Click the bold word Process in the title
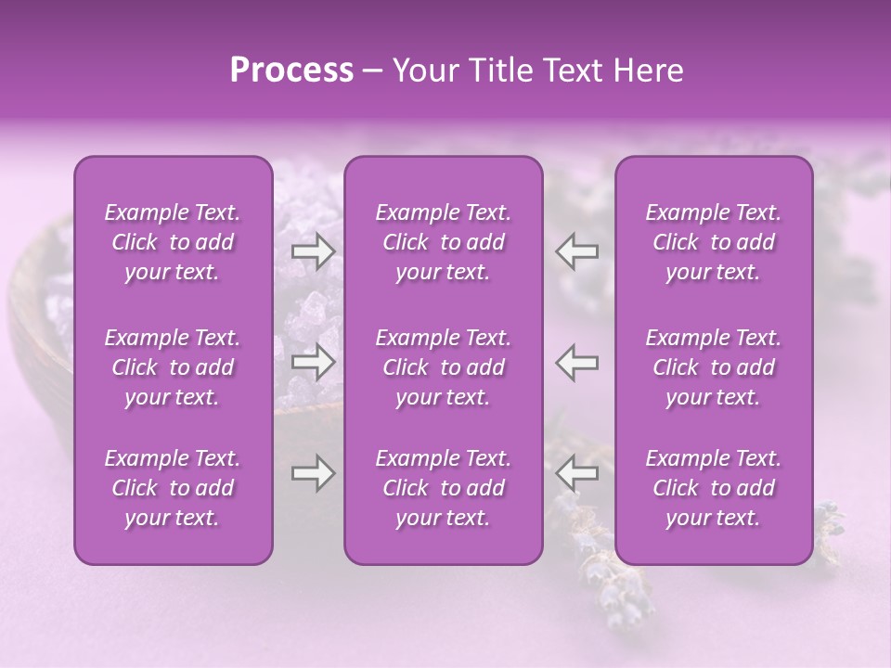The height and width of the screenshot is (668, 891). (x=291, y=71)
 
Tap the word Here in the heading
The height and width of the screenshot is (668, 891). (x=647, y=71)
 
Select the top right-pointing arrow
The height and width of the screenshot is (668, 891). (x=314, y=250)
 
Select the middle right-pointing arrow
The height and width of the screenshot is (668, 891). (x=314, y=363)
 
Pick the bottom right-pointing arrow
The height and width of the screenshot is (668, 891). (x=314, y=474)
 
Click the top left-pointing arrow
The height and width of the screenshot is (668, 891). (x=576, y=250)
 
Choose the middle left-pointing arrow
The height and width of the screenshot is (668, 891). (x=576, y=363)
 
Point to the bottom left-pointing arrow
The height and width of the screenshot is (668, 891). (x=576, y=474)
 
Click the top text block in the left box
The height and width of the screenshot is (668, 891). (x=173, y=242)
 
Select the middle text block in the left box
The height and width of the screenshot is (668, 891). (x=173, y=367)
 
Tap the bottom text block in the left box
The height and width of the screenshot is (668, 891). (x=173, y=488)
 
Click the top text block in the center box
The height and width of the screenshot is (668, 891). (x=443, y=242)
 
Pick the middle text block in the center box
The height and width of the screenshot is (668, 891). (x=443, y=367)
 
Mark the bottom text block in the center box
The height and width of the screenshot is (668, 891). (x=443, y=488)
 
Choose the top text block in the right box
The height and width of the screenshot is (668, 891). (x=714, y=242)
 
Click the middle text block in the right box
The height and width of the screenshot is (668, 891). (x=714, y=367)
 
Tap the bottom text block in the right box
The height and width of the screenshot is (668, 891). (x=714, y=488)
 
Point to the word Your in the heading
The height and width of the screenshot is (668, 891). (x=426, y=71)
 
